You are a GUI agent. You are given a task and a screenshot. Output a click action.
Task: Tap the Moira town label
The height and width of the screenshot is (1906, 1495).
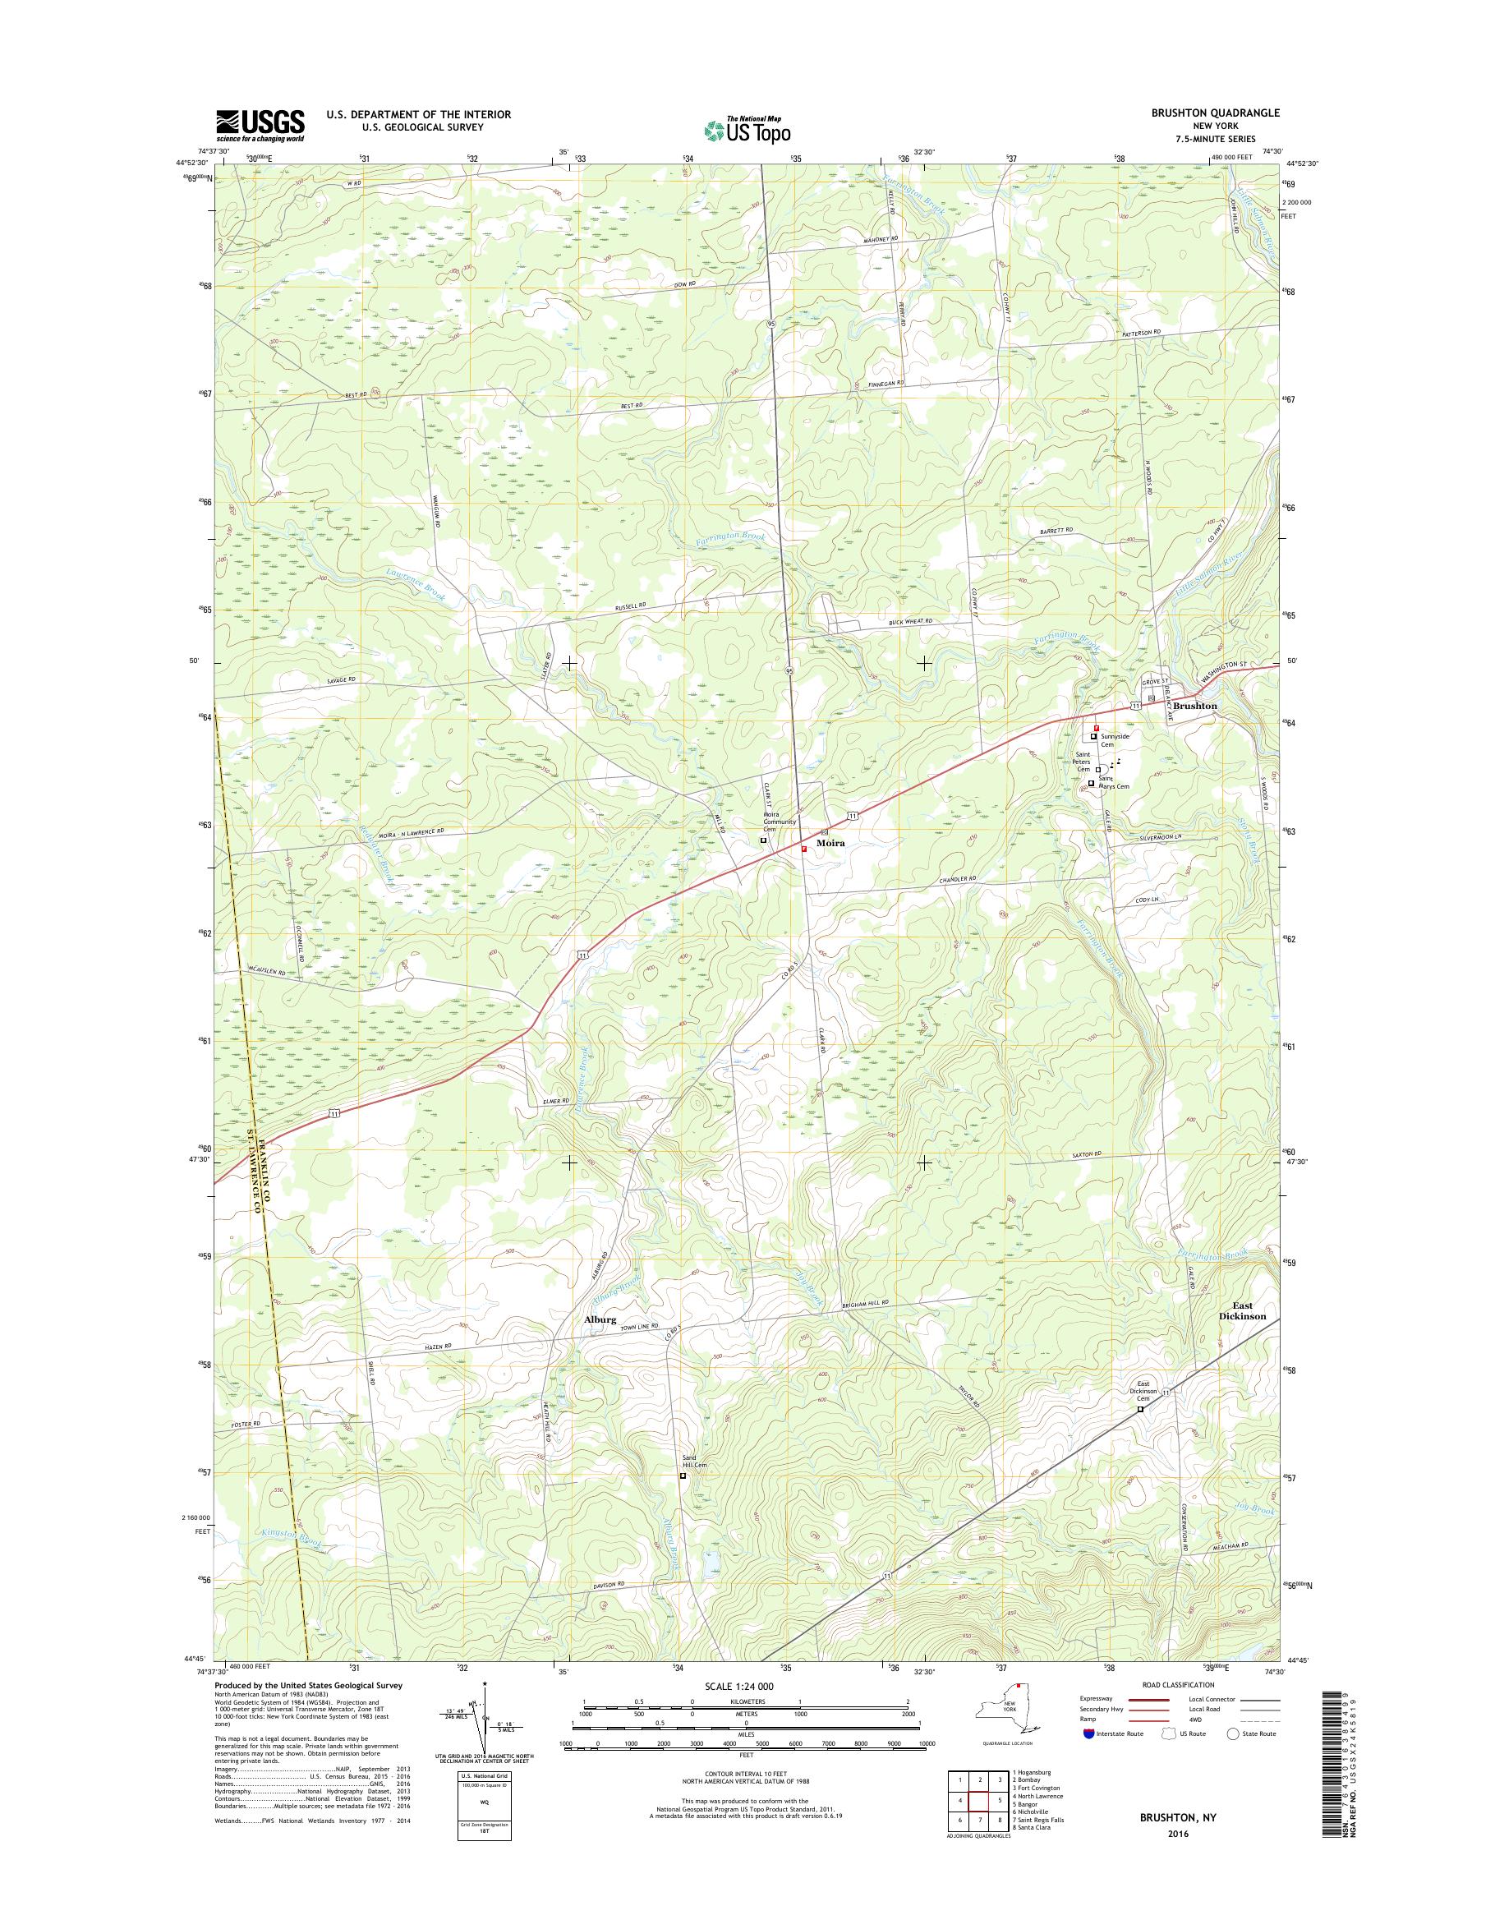click(830, 841)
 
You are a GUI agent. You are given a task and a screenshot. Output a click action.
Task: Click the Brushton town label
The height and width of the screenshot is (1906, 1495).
click(1195, 706)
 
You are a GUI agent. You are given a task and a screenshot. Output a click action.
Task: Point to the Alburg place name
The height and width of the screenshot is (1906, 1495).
click(600, 1344)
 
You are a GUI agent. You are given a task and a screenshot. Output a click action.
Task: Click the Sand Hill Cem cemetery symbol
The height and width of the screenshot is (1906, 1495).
click(683, 1476)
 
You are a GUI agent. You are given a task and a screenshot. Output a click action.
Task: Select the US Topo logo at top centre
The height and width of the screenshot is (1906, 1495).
click(747, 129)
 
